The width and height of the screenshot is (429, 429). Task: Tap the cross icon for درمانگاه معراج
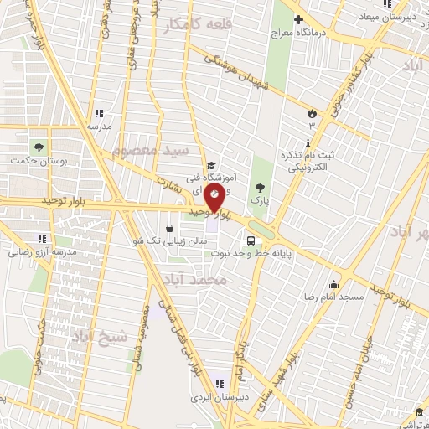297,18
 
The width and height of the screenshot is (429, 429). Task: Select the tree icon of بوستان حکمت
38,147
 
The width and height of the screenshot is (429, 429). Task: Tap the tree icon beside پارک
260,188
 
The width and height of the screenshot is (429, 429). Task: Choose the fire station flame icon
312,112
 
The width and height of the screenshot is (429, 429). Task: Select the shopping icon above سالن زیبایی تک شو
170,228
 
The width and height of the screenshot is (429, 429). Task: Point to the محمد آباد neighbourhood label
194,281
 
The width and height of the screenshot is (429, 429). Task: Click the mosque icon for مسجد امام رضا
333,284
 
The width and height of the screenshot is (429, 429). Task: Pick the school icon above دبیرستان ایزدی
219,385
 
